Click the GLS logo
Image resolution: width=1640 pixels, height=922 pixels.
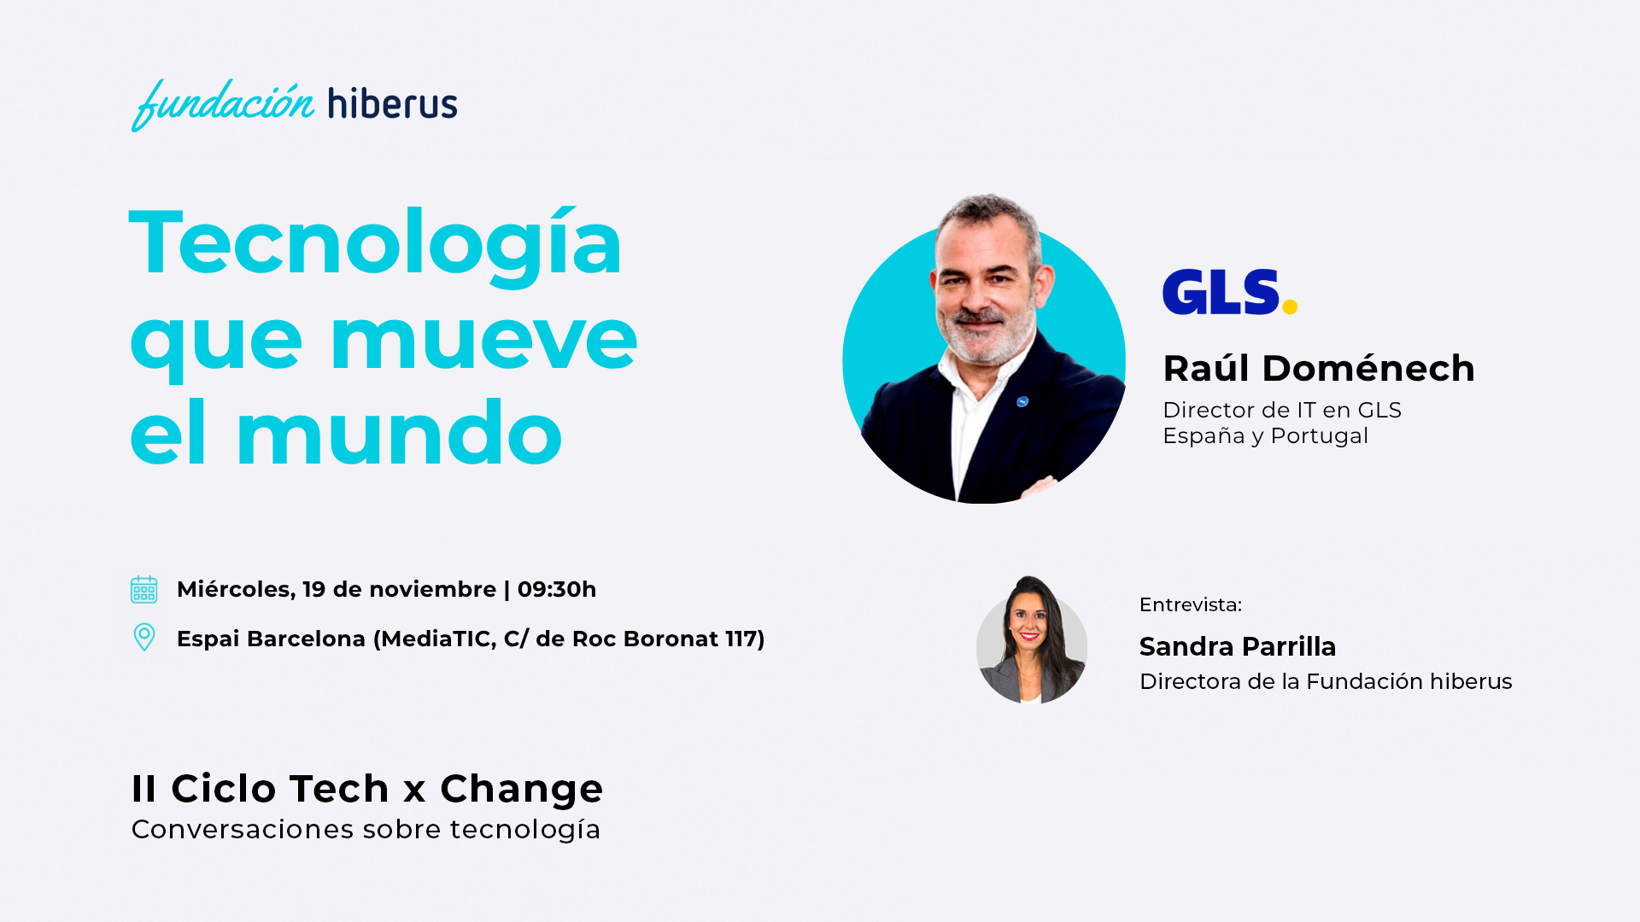[1230, 292]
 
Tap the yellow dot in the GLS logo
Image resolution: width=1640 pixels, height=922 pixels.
[1290, 306]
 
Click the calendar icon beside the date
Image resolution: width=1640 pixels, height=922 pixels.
[143, 589]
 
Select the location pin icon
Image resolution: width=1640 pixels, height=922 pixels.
[144, 637]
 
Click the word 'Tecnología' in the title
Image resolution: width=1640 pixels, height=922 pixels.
[376, 246]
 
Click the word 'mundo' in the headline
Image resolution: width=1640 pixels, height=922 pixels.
[399, 435]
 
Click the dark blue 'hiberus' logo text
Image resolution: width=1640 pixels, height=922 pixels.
[393, 102]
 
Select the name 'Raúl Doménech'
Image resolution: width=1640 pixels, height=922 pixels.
[1319, 368]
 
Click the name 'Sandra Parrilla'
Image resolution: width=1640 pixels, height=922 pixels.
[1238, 646]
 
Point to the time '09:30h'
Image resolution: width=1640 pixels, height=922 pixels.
[557, 589]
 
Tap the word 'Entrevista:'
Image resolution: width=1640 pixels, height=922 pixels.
[1191, 604]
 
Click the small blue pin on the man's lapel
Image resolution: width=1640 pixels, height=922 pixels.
[1022, 401]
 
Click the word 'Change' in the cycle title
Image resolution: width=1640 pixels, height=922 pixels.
[522, 789]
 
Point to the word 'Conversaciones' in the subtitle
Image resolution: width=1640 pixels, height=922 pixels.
[243, 829]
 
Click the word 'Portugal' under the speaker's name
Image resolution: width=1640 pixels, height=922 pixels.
[1320, 435]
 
